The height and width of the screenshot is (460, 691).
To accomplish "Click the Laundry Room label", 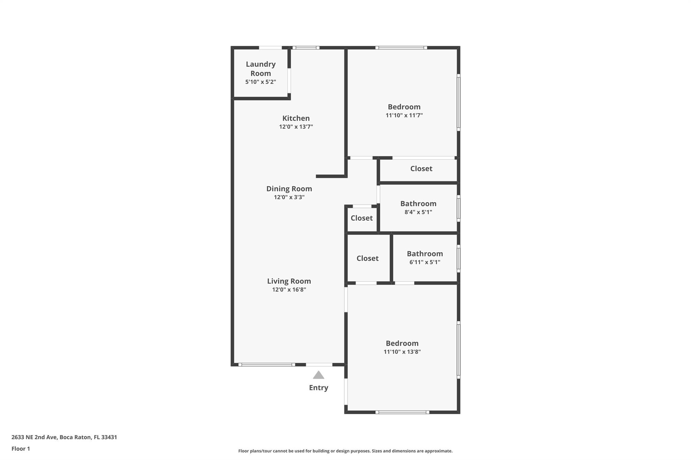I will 260,68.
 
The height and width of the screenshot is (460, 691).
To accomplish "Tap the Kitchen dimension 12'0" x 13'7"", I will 296,127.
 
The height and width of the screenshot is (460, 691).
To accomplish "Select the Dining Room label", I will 289,189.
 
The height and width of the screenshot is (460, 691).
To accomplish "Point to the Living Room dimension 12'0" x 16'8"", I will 289,289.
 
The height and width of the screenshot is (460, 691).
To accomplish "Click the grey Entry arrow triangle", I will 319,375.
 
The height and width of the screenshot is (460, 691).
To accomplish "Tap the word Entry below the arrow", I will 319,388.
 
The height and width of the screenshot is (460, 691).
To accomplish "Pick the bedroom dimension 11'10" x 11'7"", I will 404,115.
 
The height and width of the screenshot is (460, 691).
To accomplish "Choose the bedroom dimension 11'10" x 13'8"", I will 402,352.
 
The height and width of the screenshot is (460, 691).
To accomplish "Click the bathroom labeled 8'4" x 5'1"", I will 418,208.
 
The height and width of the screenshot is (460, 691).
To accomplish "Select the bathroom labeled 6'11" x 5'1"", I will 425,258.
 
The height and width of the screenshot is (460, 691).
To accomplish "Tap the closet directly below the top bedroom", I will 421,168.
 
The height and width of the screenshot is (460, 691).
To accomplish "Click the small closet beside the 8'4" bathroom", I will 362,218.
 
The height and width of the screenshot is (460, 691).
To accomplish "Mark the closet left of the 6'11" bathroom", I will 367,258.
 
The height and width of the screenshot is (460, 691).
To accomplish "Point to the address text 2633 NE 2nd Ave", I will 64,437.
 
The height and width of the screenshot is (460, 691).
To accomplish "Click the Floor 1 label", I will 21,449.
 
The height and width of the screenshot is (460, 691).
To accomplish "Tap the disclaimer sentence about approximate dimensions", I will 345,451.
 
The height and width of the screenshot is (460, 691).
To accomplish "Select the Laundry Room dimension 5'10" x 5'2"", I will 260,82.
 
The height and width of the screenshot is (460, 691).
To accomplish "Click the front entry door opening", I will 319,365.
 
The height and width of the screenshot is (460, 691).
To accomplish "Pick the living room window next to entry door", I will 267,365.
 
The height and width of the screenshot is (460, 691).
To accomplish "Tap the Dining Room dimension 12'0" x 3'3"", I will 289,197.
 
